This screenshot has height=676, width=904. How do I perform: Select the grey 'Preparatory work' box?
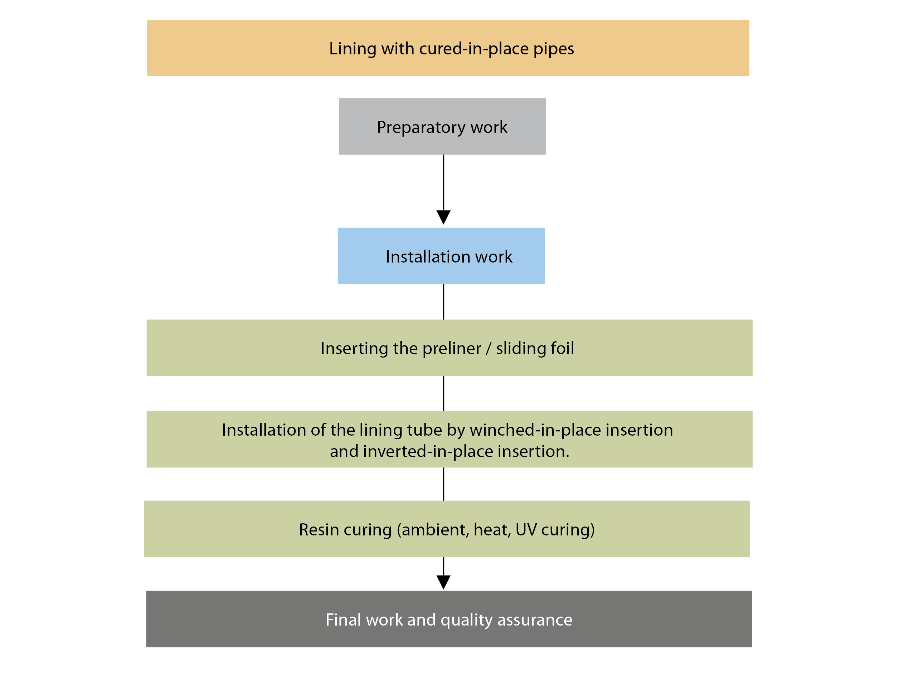[x=442, y=126]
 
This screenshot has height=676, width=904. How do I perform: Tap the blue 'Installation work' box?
[x=441, y=256]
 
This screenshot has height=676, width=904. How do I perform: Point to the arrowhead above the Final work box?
[x=443, y=582]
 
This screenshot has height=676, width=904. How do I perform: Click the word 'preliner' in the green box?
[x=452, y=349]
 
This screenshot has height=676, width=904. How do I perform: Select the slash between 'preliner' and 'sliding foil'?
[x=489, y=349]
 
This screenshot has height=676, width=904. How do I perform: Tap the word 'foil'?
[x=562, y=348]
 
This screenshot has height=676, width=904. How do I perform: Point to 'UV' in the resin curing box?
[x=526, y=530]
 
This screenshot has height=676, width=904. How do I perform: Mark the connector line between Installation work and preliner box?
[x=443, y=302]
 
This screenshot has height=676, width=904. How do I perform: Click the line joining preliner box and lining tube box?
[x=443, y=393]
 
